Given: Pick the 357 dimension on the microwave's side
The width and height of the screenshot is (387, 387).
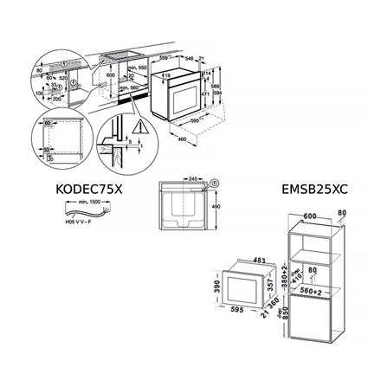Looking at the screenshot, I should [x=271, y=284].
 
